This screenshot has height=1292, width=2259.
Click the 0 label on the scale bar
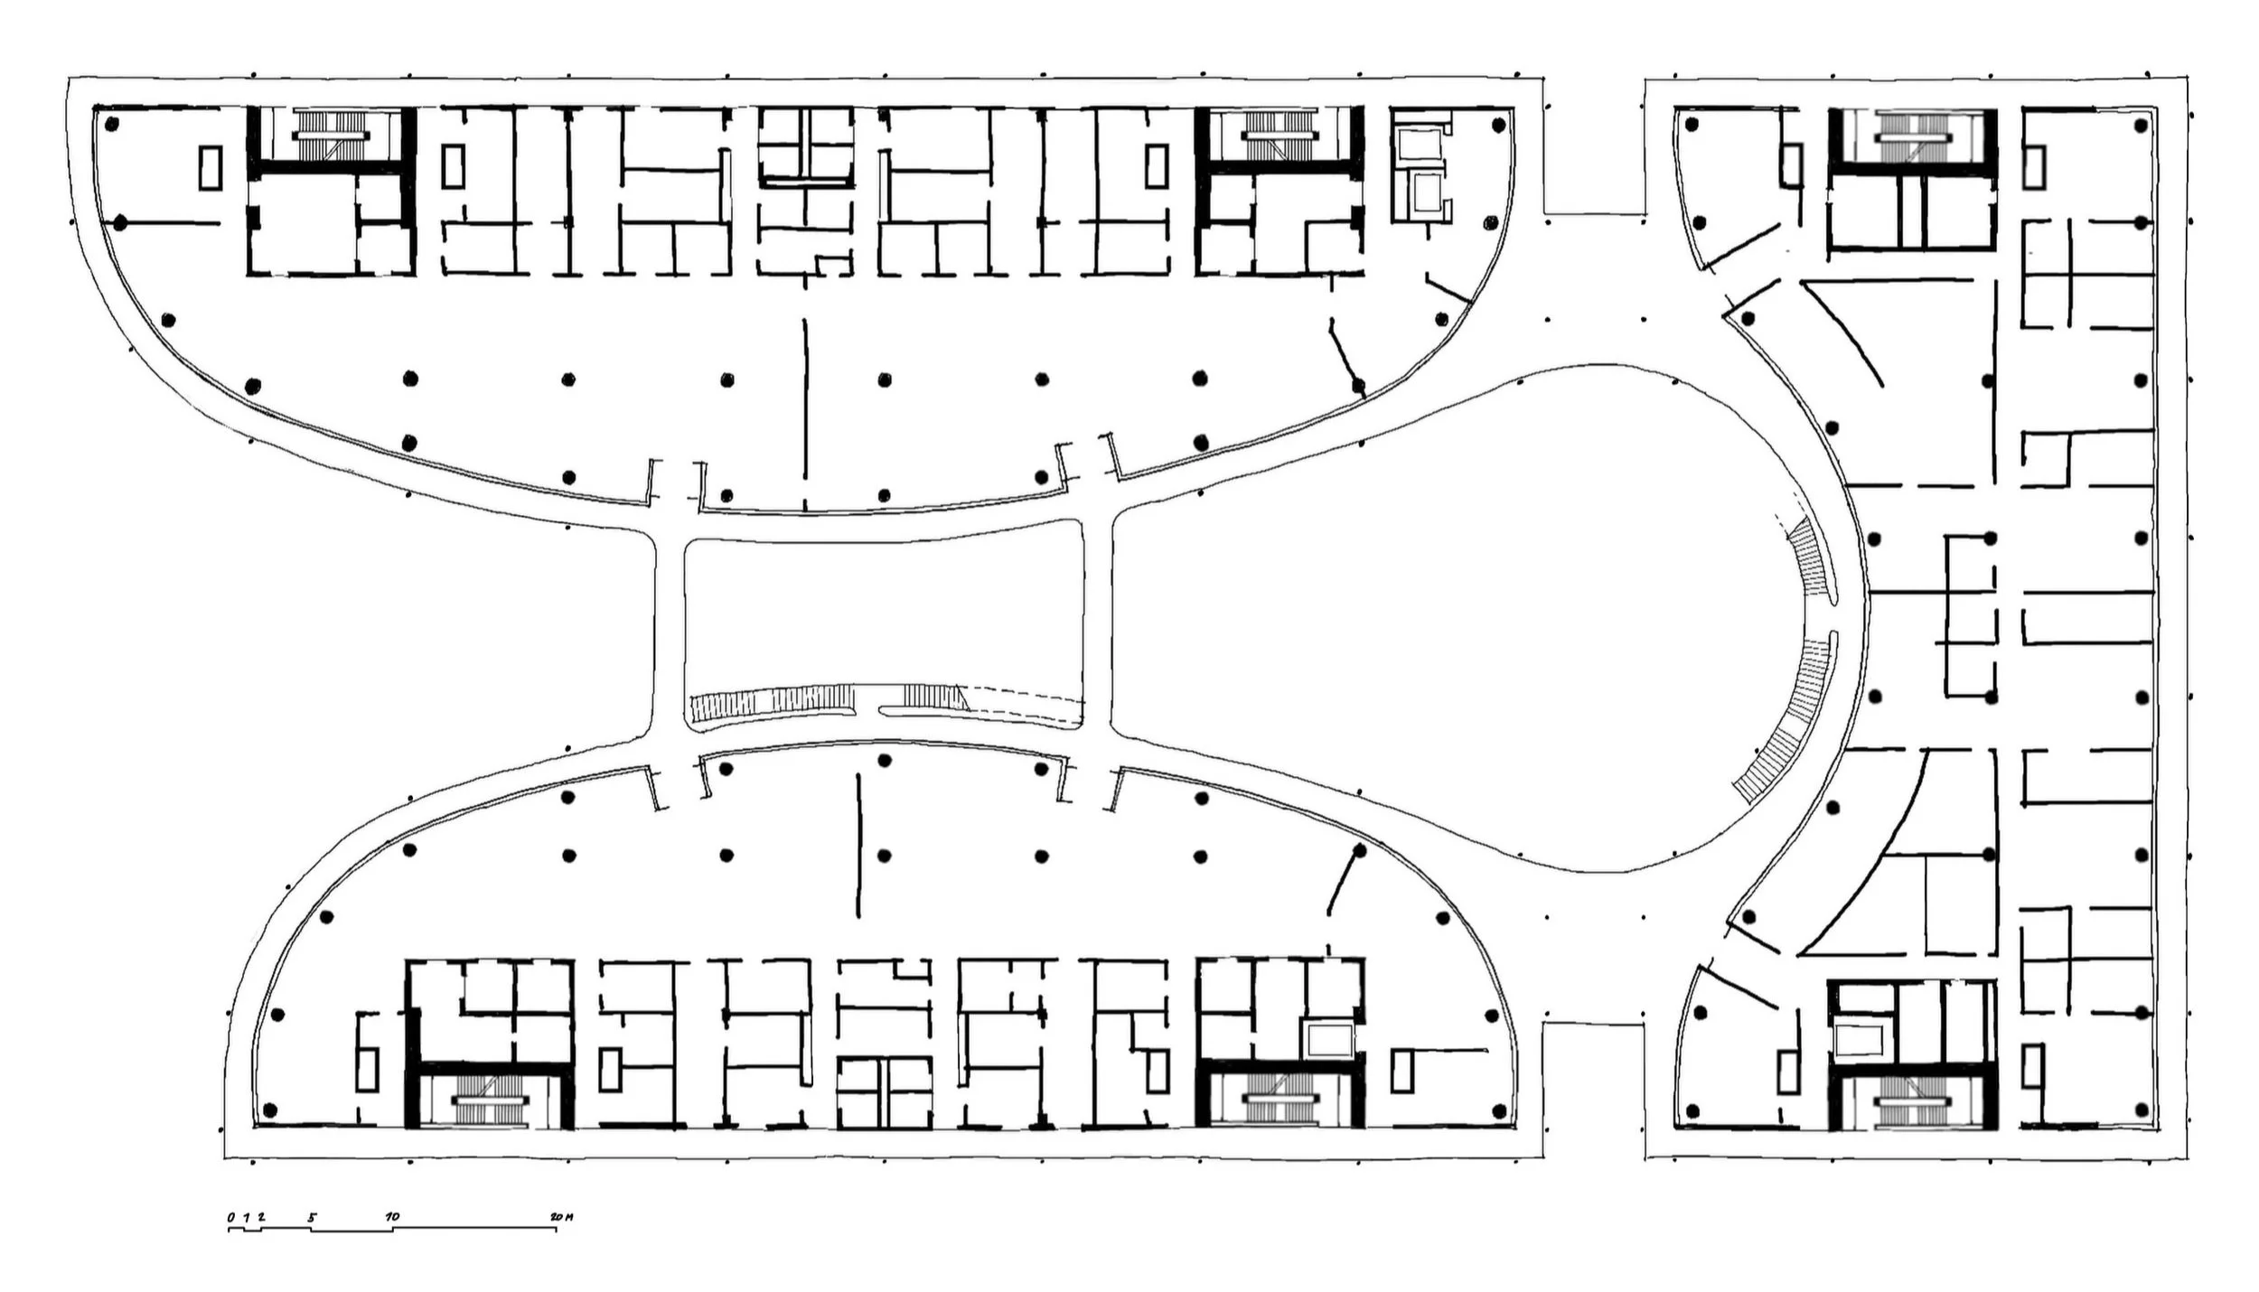point(231,1218)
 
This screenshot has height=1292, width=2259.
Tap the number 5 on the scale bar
point(313,1218)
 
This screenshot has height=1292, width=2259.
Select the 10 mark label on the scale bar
point(392,1217)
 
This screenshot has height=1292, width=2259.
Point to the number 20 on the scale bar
point(555,1217)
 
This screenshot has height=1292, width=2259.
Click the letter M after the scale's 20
point(568,1217)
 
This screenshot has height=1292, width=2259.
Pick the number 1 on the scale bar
point(246,1218)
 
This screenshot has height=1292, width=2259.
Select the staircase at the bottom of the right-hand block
point(1912,1103)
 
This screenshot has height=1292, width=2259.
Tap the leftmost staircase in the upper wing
point(331,136)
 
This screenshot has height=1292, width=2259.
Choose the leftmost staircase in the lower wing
point(489,1101)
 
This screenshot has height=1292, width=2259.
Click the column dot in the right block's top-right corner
point(2141,126)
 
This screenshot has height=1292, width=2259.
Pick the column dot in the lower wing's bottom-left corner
point(268,1109)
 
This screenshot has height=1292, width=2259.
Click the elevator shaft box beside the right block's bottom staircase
point(1861,1040)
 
